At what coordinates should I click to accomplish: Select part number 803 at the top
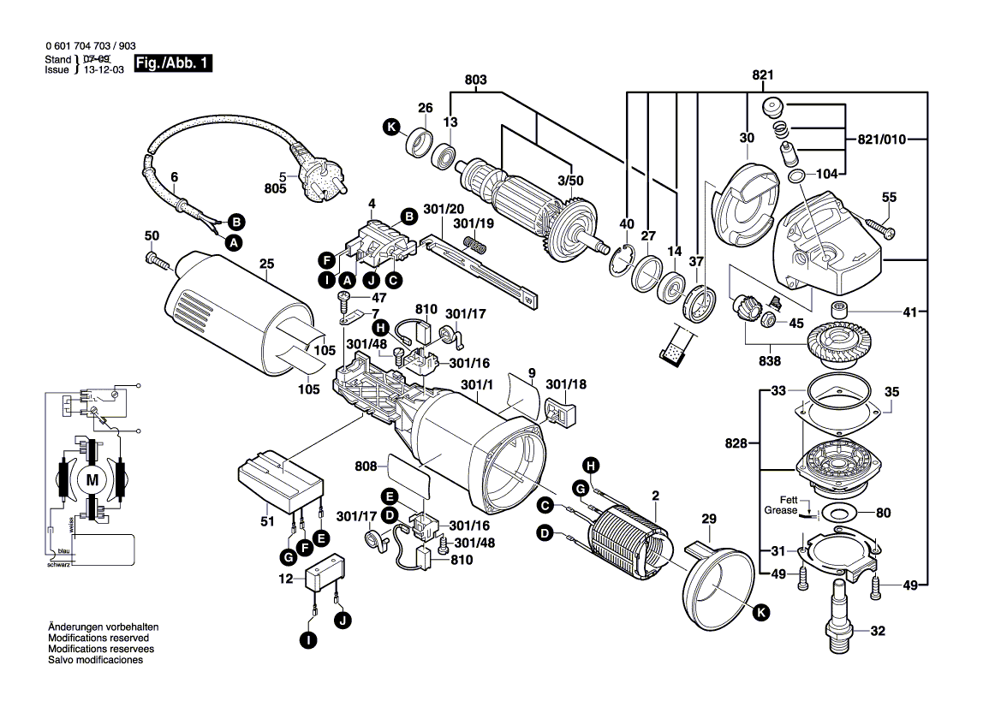[x=476, y=80]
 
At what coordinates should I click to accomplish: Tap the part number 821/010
[x=881, y=139]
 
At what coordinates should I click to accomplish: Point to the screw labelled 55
[x=882, y=227]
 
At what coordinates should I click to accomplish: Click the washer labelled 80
[x=836, y=514]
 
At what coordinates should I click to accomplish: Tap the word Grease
[x=780, y=510]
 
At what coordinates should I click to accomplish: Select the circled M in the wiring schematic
[x=92, y=481]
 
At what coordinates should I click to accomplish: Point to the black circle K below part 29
[x=761, y=611]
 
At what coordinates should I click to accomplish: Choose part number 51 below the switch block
[x=267, y=521]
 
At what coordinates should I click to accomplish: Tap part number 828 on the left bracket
[x=735, y=443]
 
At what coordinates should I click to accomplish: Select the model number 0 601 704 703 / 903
[x=89, y=47]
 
